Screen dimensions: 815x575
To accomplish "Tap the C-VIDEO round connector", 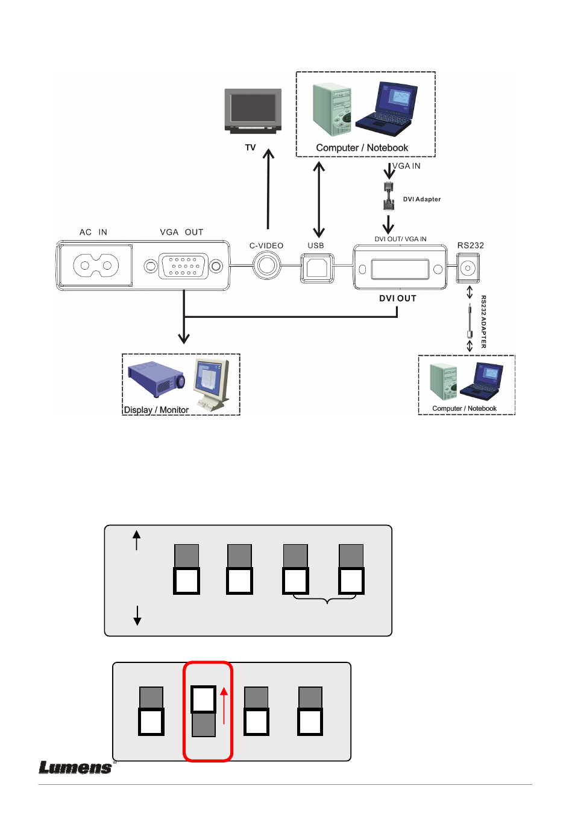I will click(x=266, y=265).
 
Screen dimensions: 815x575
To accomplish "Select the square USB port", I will click(x=316, y=267).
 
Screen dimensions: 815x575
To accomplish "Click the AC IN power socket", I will click(x=96, y=265).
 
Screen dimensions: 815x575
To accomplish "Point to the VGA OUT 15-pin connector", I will click(x=183, y=266).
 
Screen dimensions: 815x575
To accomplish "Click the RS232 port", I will click(x=468, y=268).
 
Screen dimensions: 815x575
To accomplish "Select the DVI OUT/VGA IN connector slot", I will click(x=400, y=269).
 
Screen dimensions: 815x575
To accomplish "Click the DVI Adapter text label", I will click(x=422, y=199).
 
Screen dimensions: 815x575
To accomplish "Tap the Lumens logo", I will click(x=75, y=767).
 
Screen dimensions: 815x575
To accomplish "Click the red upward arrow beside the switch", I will click(x=224, y=705).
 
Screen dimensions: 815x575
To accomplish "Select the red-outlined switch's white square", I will click(x=204, y=700).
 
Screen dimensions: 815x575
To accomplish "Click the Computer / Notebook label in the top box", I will click(x=362, y=148).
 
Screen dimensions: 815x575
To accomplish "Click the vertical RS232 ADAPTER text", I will click(x=483, y=322).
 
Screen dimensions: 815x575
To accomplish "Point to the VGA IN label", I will click(x=407, y=166).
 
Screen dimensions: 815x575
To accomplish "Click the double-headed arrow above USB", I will click(x=319, y=199).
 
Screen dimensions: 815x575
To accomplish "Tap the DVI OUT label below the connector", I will click(x=398, y=298).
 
